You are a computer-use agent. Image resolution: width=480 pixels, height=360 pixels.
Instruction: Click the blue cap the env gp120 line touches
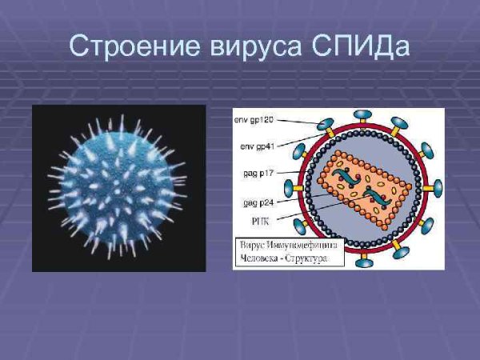pyautogui.click(x=325, y=125)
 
